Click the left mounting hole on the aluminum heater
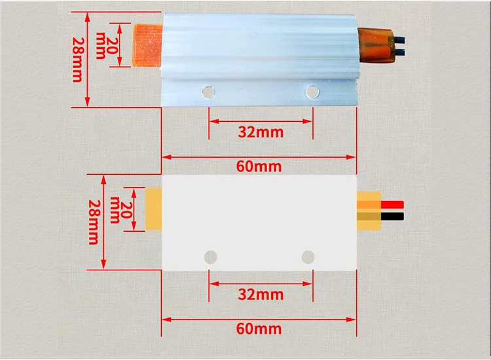coord(209,91)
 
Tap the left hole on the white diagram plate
coord(210,256)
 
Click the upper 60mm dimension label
coord(259,166)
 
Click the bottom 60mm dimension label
coord(259,328)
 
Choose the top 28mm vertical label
coord(76,58)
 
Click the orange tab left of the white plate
coord(154,209)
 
